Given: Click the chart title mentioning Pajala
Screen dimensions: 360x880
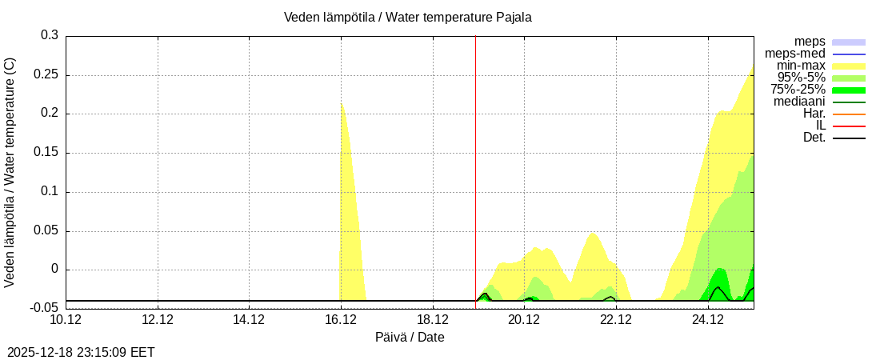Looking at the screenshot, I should pyautogui.click(x=407, y=17).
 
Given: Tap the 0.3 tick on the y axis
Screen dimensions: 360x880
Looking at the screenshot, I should pyautogui.click(x=50, y=35).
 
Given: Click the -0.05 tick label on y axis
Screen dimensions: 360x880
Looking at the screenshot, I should pyautogui.click(x=44, y=308).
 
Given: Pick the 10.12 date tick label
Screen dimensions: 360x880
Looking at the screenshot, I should pyautogui.click(x=66, y=320).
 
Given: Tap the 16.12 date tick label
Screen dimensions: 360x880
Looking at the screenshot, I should pyautogui.click(x=341, y=320).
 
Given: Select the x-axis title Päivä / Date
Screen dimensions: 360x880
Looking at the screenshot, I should pyautogui.click(x=410, y=338).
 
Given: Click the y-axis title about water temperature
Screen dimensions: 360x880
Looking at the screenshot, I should pyautogui.click(x=10, y=172).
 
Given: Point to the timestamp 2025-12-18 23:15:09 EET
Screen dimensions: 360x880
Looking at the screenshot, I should pyautogui.click(x=81, y=352).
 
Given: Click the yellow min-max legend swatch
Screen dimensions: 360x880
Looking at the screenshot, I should pyautogui.click(x=849, y=66).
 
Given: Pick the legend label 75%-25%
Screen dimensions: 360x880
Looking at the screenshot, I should pyautogui.click(x=798, y=90).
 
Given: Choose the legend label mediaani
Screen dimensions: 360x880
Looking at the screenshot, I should pyautogui.click(x=799, y=102).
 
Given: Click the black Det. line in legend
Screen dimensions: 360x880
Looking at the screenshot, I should pyautogui.click(x=849, y=138).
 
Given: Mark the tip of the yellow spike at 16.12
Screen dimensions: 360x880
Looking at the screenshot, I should pyautogui.click(x=342, y=104).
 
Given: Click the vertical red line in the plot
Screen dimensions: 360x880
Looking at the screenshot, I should pyautogui.click(x=475, y=160).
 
